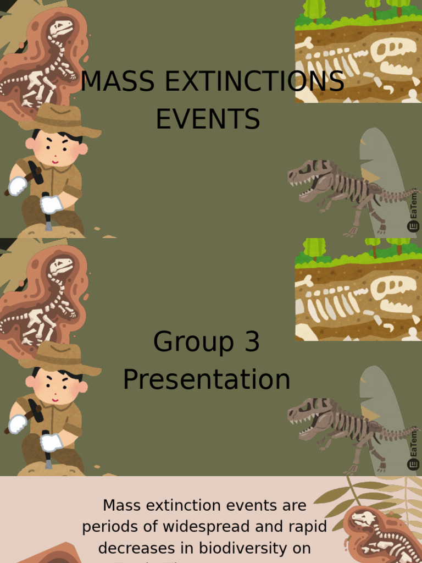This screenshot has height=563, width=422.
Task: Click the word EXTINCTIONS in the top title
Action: pos(250,82)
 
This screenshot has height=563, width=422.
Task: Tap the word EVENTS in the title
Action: pos(208,119)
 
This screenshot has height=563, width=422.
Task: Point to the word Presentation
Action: pos(207,379)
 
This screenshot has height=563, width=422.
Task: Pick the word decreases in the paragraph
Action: pos(138,548)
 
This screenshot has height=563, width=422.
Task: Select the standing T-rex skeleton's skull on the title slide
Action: pos(308,175)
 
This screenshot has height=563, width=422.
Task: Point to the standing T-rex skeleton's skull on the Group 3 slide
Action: pos(308,413)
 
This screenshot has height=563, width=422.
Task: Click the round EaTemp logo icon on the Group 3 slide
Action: pos(413,465)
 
